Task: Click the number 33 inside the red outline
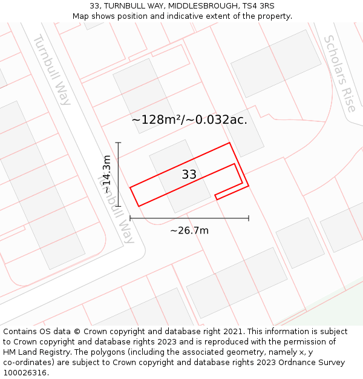189,175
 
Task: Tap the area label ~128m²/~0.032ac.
189,119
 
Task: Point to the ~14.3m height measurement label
106,174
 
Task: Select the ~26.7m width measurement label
189,230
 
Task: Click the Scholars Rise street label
339,73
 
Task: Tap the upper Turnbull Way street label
51,69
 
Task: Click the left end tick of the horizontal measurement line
130,218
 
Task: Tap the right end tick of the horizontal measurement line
249,218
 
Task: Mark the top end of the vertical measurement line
119,143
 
